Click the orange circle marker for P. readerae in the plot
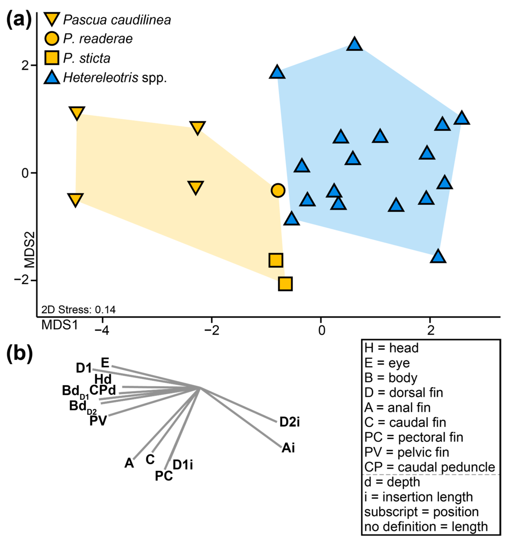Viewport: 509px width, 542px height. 278,190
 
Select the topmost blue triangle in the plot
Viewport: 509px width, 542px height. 354,44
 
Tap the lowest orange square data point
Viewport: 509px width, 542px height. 285,284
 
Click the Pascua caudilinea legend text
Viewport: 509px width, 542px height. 117,20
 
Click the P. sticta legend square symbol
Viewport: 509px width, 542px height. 52,58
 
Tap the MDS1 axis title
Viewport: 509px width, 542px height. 60,325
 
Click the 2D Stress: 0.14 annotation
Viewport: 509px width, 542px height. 78,310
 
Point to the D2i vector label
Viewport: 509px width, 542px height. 290,422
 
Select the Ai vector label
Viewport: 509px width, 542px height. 288,448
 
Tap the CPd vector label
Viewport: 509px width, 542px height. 103,390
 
